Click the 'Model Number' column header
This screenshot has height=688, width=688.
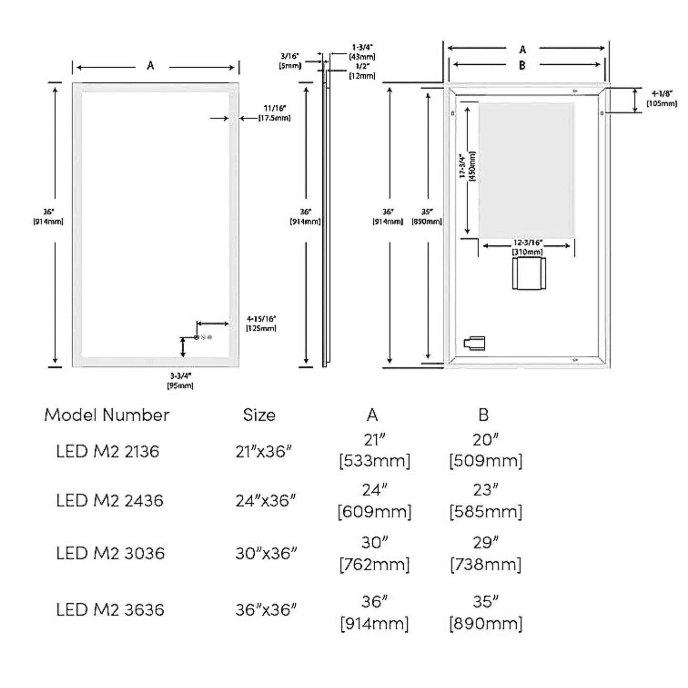[x=107, y=415]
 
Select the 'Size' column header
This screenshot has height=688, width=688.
[x=259, y=415]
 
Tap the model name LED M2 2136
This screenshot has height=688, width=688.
[x=108, y=451]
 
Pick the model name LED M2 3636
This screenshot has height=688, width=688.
[x=110, y=610]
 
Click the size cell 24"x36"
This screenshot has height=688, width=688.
[x=266, y=501]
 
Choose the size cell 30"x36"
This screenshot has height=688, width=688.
[x=266, y=553]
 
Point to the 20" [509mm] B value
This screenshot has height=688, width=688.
[x=485, y=450]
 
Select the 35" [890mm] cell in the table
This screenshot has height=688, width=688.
[x=485, y=612]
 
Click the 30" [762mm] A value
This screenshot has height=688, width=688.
[x=374, y=553]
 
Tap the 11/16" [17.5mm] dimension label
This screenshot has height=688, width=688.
[x=274, y=113]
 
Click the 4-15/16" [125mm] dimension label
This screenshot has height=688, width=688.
[x=261, y=323]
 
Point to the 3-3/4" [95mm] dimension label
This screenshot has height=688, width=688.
[x=180, y=381]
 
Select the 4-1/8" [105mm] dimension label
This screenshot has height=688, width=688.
[x=661, y=99]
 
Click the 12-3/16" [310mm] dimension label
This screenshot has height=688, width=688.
[x=527, y=247]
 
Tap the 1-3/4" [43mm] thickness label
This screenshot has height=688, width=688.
[x=362, y=52]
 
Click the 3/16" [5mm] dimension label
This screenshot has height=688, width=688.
[x=290, y=61]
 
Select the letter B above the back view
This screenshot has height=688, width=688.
[x=522, y=65]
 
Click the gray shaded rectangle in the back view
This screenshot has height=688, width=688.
[x=526, y=170]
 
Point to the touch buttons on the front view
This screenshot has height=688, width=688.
[x=203, y=338]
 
